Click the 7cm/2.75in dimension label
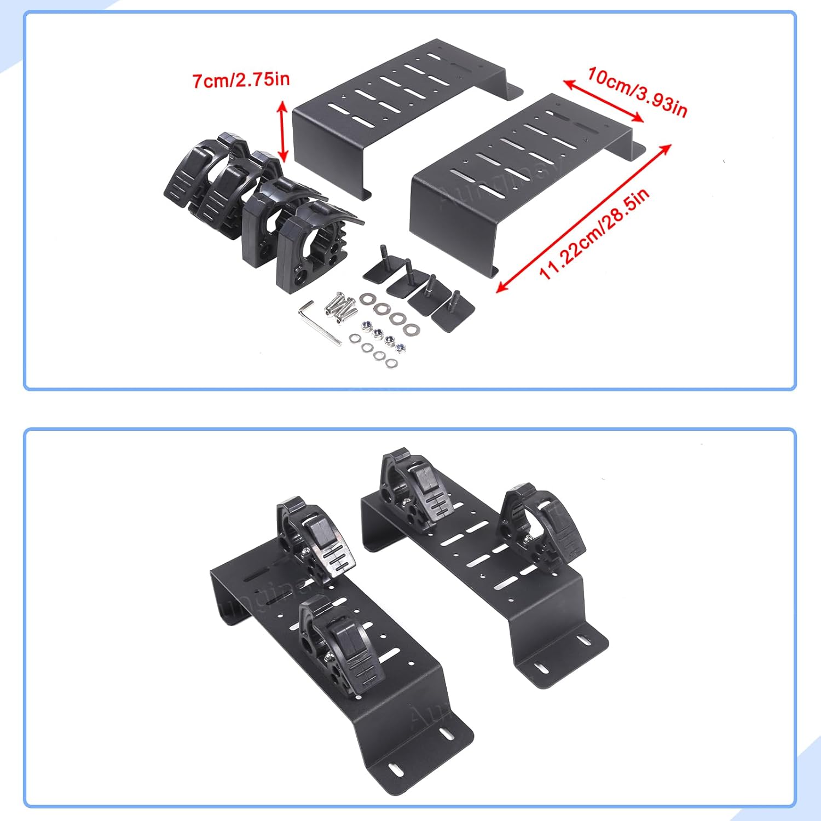click(241, 80)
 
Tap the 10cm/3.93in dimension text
click(637, 91)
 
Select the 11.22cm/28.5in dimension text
click(595, 234)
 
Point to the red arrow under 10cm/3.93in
click(603, 101)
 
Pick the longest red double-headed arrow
click(583, 218)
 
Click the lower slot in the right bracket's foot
click(542, 668)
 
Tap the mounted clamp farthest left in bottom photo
click(312, 539)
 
